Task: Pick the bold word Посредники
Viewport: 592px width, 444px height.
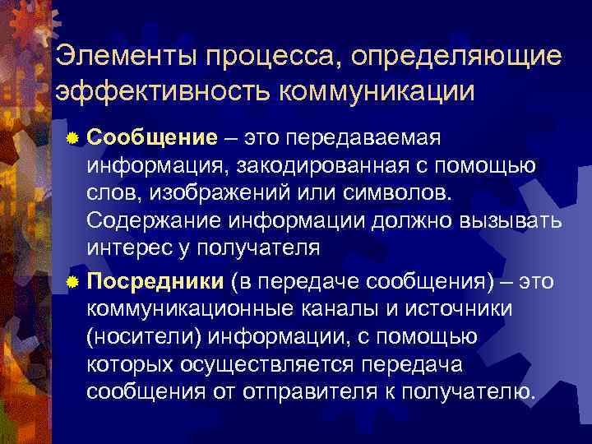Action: click(x=155, y=283)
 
